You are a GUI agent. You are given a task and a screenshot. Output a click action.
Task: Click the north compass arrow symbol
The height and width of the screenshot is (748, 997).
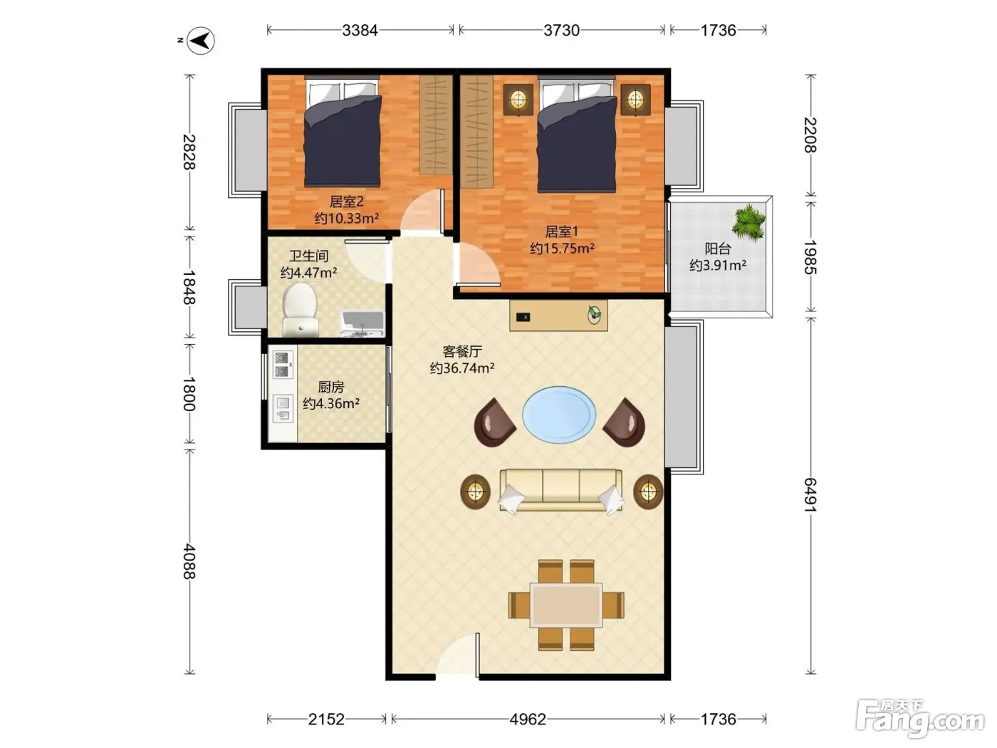(x=201, y=41)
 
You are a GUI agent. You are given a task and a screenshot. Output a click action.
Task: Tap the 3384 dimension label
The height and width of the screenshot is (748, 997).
(x=360, y=31)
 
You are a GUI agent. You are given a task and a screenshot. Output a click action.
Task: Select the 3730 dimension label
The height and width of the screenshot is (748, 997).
(x=561, y=31)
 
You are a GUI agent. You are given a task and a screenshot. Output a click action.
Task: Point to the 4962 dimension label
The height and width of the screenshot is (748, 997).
(x=528, y=719)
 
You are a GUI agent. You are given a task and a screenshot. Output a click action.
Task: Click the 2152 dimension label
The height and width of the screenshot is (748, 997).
(x=326, y=719)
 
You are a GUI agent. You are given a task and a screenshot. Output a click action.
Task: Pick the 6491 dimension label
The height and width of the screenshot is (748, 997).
(x=810, y=494)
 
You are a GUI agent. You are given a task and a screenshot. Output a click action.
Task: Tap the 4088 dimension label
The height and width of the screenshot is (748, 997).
(x=189, y=561)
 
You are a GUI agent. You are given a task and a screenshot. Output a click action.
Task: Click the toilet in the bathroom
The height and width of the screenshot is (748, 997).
(x=300, y=309)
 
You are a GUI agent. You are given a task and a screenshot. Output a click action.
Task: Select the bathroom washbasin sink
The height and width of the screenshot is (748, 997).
(x=362, y=324)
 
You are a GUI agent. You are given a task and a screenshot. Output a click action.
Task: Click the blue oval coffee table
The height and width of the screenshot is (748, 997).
(x=559, y=415)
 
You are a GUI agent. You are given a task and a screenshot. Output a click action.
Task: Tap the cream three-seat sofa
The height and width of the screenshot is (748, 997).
(x=561, y=491)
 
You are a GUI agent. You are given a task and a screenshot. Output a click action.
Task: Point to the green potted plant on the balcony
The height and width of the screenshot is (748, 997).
(x=748, y=222)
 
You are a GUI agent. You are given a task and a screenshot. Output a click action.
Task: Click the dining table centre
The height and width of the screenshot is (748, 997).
(x=566, y=605)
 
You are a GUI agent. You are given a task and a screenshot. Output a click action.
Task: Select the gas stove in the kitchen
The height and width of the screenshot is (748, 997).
(x=282, y=365)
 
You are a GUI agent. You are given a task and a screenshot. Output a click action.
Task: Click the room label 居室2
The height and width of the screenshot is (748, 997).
(x=347, y=201)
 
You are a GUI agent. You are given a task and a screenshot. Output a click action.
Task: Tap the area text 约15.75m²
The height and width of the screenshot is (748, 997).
(x=562, y=249)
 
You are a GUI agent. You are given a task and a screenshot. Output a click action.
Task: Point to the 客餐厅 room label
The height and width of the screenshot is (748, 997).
(x=462, y=351)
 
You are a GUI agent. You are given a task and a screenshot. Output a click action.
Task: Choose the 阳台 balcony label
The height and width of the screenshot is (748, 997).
(x=718, y=249)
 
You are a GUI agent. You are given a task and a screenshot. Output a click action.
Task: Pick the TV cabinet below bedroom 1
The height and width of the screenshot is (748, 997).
(x=558, y=315)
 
